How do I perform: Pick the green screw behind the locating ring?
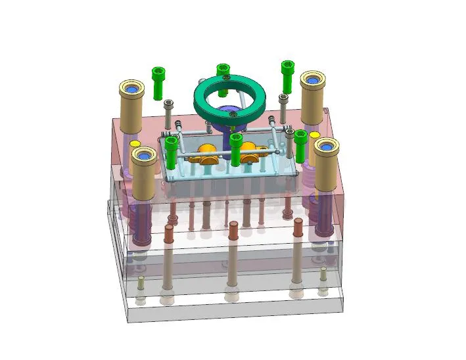tap(222, 71)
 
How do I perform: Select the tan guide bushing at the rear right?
tap(314, 99)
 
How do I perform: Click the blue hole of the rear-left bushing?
tap(131, 87)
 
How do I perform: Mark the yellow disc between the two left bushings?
tap(135, 143)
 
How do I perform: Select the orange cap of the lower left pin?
tap(169, 232)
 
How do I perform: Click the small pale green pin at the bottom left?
tap(141, 287)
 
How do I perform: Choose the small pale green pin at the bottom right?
tap(323, 281)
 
